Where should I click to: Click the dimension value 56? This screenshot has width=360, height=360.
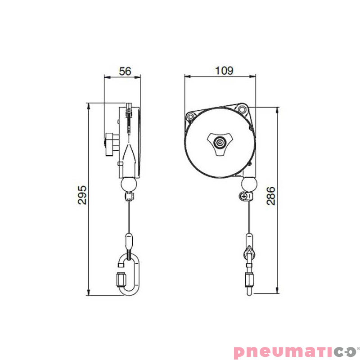coord(125,71)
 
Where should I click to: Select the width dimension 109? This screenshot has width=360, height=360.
coord(224,71)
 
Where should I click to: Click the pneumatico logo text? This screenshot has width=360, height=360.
coord(295,351)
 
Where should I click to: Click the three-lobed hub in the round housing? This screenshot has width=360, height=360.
coord(220,143)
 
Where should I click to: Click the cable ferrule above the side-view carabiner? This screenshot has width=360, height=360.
coord(129,241)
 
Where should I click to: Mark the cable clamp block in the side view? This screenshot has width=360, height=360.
coord(129,196)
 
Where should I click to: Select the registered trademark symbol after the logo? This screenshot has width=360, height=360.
coord(358,347)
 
